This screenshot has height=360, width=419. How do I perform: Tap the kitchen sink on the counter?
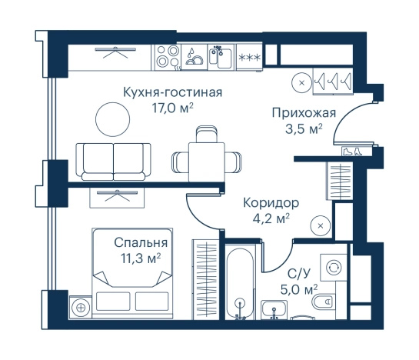click(221, 57)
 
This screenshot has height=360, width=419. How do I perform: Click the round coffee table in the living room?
click(114, 119)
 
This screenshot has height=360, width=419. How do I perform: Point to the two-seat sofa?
click(113, 159)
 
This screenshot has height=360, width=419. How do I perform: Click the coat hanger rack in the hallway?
click(336, 79)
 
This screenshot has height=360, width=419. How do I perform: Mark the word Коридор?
click(270, 203)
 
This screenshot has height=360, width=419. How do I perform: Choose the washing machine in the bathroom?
click(334, 267)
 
